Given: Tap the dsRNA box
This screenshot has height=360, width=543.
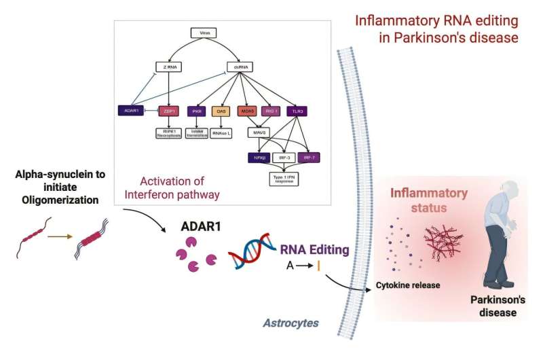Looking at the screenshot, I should tap(240, 68).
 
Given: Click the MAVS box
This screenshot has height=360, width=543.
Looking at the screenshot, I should tap(258, 132).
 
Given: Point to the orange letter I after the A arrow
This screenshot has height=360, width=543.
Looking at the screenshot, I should tap(318, 267).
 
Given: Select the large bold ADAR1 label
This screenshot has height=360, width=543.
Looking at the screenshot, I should tap(202, 228).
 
